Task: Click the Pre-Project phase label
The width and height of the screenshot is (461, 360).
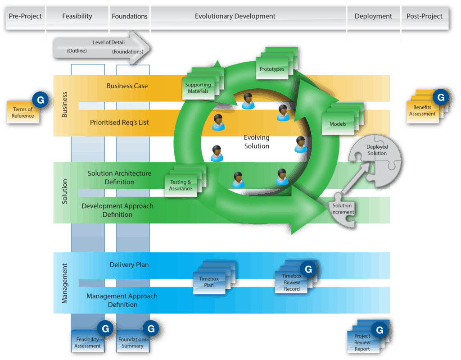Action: [25, 16]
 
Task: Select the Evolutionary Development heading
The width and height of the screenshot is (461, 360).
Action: [235, 16]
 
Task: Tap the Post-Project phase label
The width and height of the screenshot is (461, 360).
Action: [424, 16]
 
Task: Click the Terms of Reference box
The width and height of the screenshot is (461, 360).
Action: [23, 113]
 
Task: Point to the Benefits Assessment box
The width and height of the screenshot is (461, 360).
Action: [422, 111]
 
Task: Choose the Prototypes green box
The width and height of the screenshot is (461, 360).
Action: [272, 69]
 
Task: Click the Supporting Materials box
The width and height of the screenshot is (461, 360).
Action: [198, 88]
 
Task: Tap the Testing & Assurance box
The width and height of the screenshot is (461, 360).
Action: [181, 185]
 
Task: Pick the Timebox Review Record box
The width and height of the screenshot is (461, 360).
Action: [292, 283]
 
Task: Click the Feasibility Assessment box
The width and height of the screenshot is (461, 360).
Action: [87, 342]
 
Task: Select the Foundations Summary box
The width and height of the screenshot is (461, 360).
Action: [132, 342]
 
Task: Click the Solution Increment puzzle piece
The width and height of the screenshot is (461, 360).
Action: [343, 209]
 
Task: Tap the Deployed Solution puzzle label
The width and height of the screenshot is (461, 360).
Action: [377, 150]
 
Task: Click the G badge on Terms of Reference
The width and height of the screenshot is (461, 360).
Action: [40, 100]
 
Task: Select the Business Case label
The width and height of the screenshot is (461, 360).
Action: [127, 86]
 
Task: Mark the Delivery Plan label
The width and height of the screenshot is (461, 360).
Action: [129, 265]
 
